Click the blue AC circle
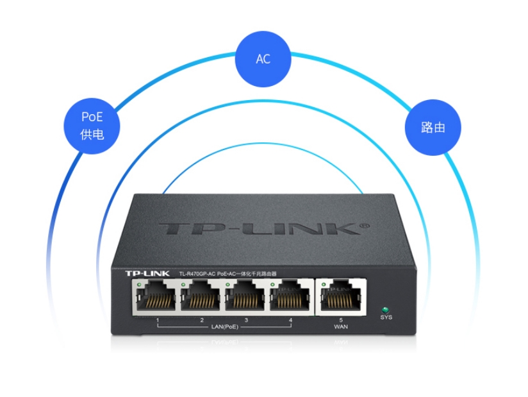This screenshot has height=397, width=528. click(x=263, y=58)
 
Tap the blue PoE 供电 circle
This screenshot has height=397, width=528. click(x=92, y=125)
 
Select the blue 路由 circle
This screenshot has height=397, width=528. click(x=433, y=126)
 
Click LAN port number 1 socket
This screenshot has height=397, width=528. click(x=156, y=298)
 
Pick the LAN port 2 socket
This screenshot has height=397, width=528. click(x=202, y=298)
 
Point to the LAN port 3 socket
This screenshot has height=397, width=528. click(x=247, y=298)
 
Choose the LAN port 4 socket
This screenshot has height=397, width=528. click(x=291, y=298)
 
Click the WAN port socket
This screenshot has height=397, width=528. click(x=342, y=298)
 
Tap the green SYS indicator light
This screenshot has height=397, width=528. click(x=385, y=308)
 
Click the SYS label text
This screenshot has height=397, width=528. click(x=386, y=317)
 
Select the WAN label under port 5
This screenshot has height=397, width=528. click(x=341, y=327)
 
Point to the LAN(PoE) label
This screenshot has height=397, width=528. click(x=224, y=327)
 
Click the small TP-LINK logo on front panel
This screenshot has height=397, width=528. click(x=147, y=274)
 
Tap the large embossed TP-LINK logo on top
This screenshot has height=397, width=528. click(x=256, y=229)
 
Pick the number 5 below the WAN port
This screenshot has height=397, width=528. click(x=341, y=319)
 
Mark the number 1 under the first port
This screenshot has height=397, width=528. click(x=157, y=319)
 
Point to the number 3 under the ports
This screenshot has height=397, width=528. click(x=246, y=319)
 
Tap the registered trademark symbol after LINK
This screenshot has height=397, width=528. click(x=366, y=226)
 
